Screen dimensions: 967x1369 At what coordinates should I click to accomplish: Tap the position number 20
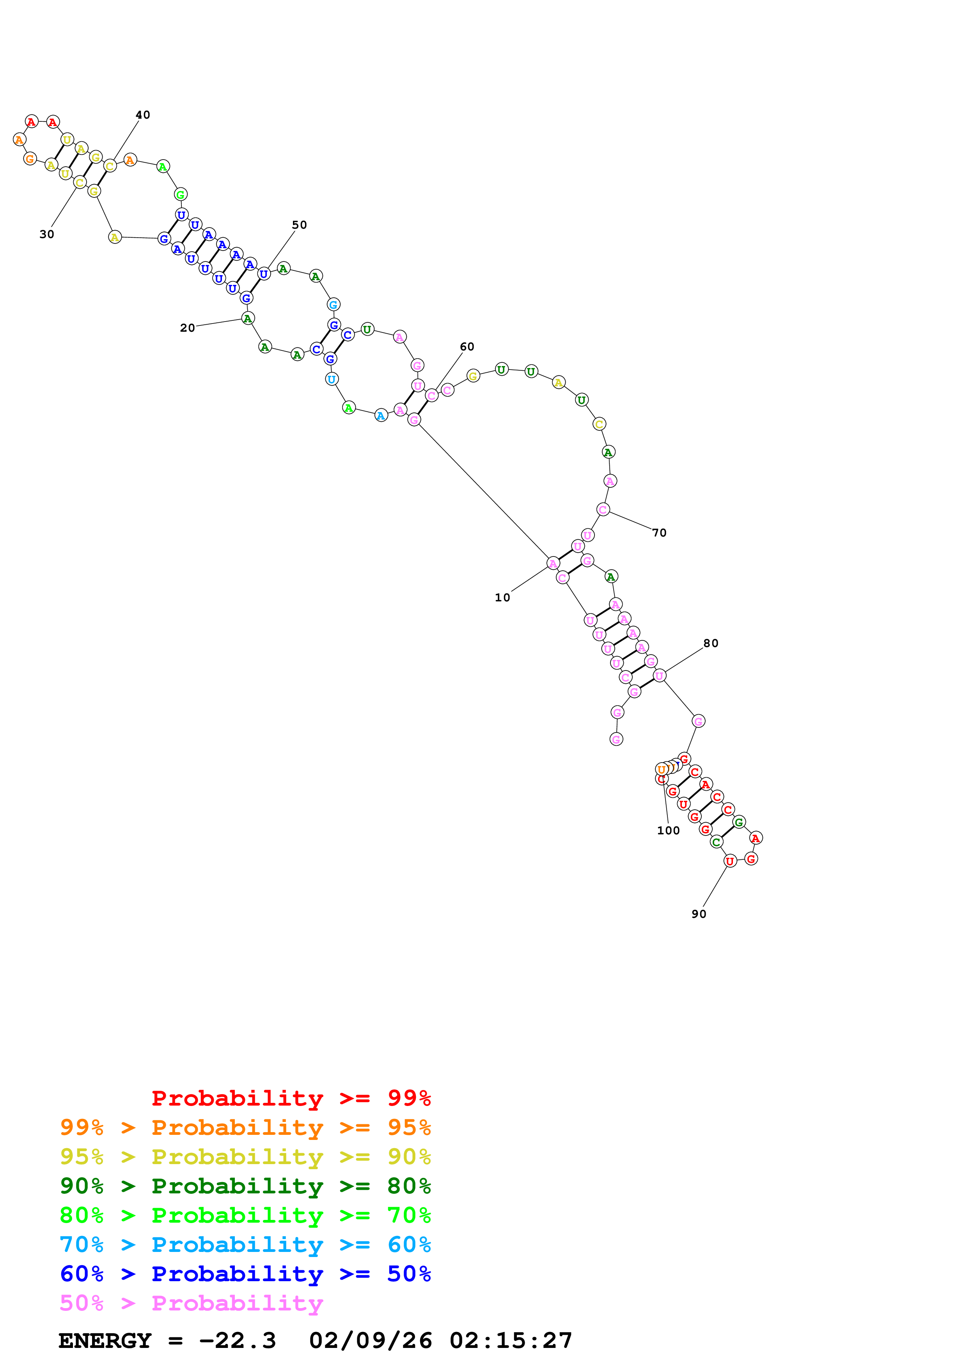click(x=187, y=328)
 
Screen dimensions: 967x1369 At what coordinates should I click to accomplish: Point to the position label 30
click(x=46, y=234)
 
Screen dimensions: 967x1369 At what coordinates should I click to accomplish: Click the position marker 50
click(x=299, y=225)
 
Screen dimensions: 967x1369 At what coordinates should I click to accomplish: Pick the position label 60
click(x=467, y=347)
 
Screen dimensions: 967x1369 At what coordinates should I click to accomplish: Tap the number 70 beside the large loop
click(x=659, y=532)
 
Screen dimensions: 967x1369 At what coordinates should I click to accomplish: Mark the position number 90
click(x=698, y=914)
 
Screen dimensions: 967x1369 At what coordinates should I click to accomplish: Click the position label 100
click(x=668, y=830)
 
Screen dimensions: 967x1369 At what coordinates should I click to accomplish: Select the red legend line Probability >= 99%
click(x=291, y=1098)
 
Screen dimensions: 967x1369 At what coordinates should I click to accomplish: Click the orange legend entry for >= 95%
click(x=245, y=1127)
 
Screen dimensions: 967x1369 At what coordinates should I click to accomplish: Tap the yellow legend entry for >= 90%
click(x=245, y=1156)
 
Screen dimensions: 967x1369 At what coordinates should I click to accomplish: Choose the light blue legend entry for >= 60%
click(x=245, y=1245)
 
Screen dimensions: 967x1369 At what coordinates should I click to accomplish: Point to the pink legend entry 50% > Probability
click(x=191, y=1303)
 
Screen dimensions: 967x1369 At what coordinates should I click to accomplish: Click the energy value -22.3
click(x=237, y=1341)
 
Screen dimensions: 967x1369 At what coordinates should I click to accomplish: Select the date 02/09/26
click(x=370, y=1341)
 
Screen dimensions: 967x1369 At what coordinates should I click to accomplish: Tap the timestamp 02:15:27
click(x=511, y=1341)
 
